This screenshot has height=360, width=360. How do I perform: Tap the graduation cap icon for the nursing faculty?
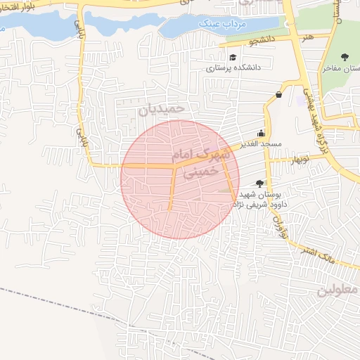pyautogui.click(x=233, y=57)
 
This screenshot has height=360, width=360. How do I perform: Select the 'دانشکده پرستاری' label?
pyautogui.click(x=233, y=69)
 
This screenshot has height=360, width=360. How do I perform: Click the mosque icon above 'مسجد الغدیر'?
pyautogui.click(x=262, y=133)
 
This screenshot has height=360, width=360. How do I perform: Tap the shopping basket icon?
pyautogui.click(x=279, y=94)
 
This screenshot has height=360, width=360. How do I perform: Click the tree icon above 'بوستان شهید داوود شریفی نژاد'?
pyautogui.click(x=260, y=183)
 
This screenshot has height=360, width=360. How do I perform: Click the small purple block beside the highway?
pyautogui.click(x=301, y=101)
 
